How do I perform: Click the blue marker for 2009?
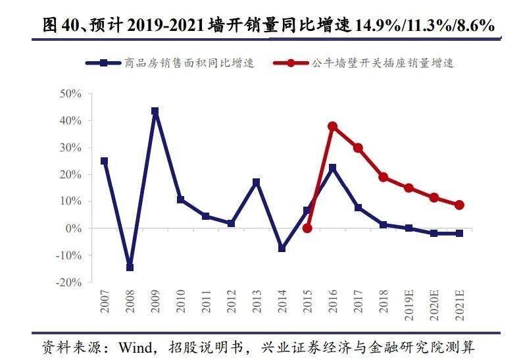click(x=155, y=111)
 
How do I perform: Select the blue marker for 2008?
click(x=130, y=267)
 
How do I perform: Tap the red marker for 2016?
click(x=332, y=126)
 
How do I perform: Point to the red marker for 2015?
click(x=307, y=228)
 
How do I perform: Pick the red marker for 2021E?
click(x=459, y=205)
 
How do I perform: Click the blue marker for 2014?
click(x=282, y=249)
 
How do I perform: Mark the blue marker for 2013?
click(x=257, y=182)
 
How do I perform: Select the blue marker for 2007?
click(x=104, y=161)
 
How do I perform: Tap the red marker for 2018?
click(x=383, y=177)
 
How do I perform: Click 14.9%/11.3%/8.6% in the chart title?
click(x=424, y=27)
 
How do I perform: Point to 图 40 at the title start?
click(x=58, y=26)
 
